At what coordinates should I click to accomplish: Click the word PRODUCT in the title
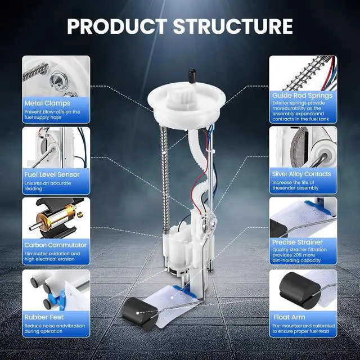pyautogui.click(x=117, y=26)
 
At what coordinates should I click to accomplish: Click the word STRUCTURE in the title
pyautogui.click(x=233, y=26)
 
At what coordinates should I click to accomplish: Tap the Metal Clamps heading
pyautogui.click(x=47, y=103)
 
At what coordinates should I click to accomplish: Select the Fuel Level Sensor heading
pyautogui.click(x=52, y=174)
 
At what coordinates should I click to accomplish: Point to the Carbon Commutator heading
pyautogui.click(x=55, y=245)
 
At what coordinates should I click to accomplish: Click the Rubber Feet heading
pyautogui.click(x=44, y=317)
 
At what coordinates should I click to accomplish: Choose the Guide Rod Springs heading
pyautogui.click(x=303, y=96)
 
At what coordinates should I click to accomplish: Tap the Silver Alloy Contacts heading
pyautogui.click(x=301, y=174)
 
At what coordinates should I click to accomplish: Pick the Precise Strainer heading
pyautogui.click(x=298, y=242)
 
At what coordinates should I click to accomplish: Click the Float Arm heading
pyautogui.click(x=289, y=317)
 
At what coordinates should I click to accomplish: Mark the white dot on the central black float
pyautogui.click(x=137, y=313)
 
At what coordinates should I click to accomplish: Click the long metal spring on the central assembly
pyautogui.click(x=165, y=177)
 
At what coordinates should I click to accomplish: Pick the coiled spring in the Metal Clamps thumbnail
pyautogui.click(x=35, y=72)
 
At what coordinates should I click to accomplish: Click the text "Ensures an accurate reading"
pyautogui.click(x=47, y=186)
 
